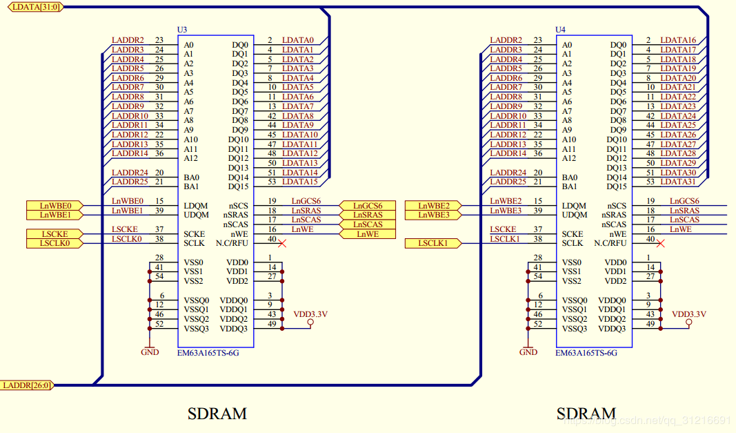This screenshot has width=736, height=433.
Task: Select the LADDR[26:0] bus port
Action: [x=26, y=385]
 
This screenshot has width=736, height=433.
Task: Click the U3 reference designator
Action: [x=182, y=30]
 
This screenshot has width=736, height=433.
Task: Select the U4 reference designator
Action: [x=560, y=30]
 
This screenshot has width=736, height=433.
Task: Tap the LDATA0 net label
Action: [x=297, y=41]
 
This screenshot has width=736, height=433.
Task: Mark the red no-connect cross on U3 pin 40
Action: [x=282, y=243]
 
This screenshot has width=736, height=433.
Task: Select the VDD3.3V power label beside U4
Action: [x=688, y=315]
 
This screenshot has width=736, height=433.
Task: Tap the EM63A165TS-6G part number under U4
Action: [x=586, y=352]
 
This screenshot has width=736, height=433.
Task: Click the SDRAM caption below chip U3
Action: [x=217, y=414]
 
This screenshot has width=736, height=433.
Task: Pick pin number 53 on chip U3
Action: [x=271, y=182]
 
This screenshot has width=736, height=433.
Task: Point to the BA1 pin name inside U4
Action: [x=569, y=186]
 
